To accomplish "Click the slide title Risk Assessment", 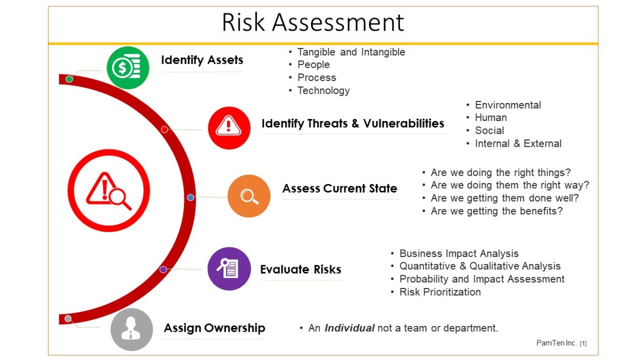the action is coord(313,22).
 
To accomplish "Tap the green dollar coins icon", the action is coord(128,68).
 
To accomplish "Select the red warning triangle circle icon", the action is coord(229,127).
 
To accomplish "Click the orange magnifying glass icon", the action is coord(249,196).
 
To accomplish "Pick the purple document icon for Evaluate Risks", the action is coord(229,269).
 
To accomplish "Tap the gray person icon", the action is coord(132,330).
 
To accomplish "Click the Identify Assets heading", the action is coord(202,60).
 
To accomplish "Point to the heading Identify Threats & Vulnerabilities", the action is coord(353,123).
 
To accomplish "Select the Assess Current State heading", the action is coord(340,188).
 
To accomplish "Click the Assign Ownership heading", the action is coord(214,328).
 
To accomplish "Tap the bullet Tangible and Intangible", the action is coord(351,52).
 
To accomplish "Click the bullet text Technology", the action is coord(323,91).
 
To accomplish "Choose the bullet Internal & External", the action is coord(518,143).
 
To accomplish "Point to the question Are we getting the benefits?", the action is coord(497,211).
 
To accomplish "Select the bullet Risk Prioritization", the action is coord(440,292).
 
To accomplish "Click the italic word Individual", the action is coord(349,328).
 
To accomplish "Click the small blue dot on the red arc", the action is coord(190,197).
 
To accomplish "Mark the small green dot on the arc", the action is coord(69,79).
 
